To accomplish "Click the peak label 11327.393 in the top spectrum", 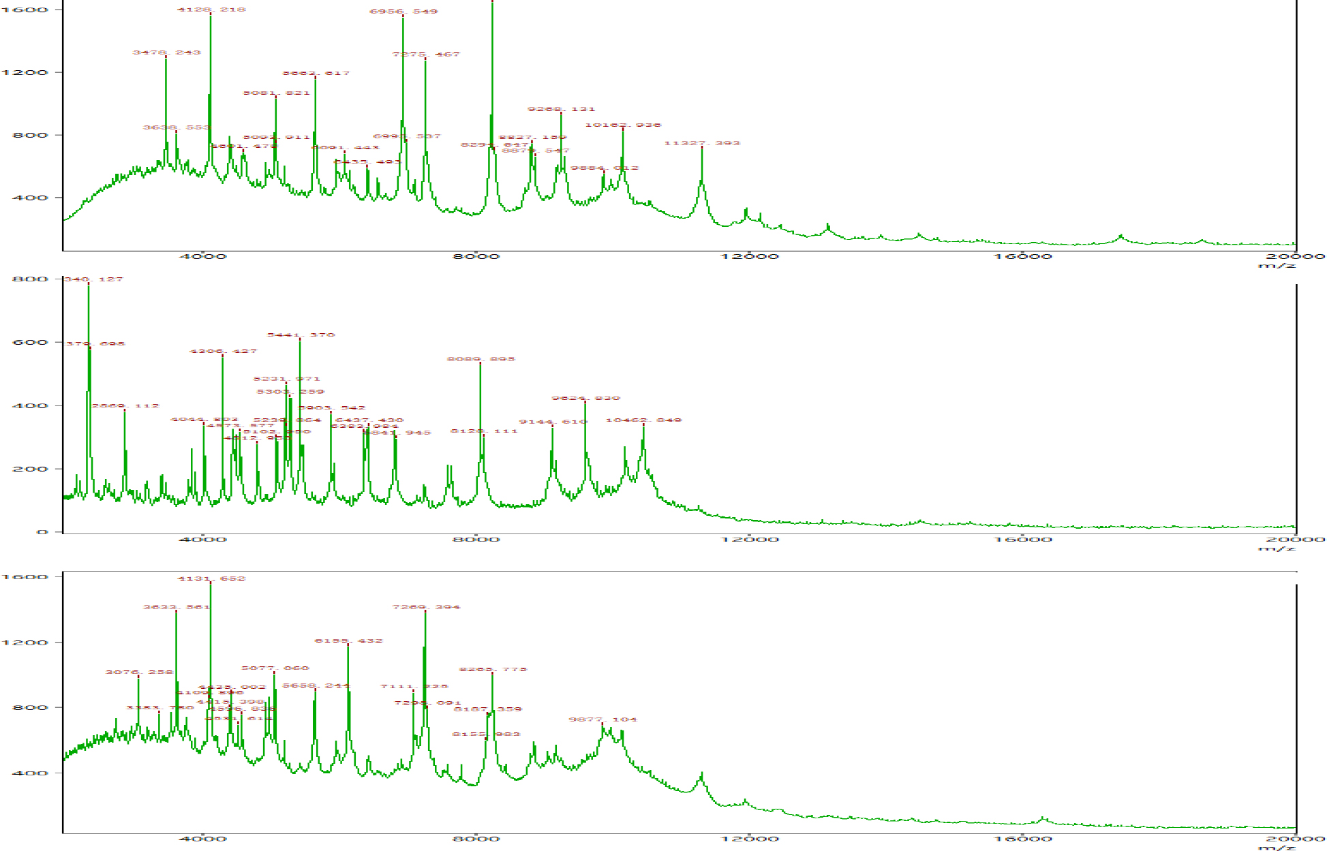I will (x=702, y=143).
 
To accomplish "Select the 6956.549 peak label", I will (x=403, y=12).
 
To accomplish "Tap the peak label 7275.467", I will (x=426, y=54).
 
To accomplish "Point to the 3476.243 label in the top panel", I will (x=167, y=52).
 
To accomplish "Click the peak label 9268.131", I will (x=561, y=109).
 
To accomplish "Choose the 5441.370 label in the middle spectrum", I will (x=301, y=335).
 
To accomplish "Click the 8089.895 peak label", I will (x=481, y=359).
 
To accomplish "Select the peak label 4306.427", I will (x=223, y=352).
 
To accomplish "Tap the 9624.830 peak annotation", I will (x=585, y=398).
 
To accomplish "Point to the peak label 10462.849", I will (x=643, y=420).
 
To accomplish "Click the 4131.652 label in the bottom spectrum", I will (x=211, y=578).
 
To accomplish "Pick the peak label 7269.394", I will (x=426, y=607).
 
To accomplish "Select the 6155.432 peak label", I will (x=348, y=641).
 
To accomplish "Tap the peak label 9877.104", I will (x=603, y=720).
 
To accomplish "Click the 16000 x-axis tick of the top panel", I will (x=1022, y=257).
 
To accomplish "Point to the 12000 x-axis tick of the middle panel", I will (x=749, y=540).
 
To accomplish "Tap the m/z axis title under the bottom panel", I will (x=1276, y=847).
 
